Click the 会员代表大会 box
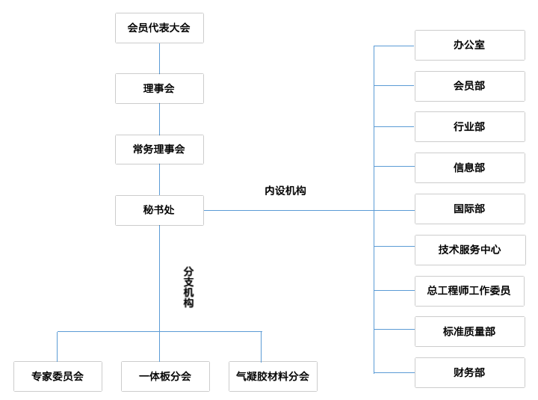click(159, 28)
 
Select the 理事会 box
click(159, 88)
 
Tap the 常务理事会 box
click(159, 149)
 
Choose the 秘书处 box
click(159, 210)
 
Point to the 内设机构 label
click(285, 191)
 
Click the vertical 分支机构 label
click(188, 287)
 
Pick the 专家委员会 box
click(58, 376)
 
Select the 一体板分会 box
click(165, 376)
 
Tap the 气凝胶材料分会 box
click(273, 376)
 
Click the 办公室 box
click(469, 45)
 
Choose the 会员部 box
click(469, 86)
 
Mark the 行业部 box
click(469, 126)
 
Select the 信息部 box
click(469, 167)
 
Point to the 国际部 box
click(469, 209)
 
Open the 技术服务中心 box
click(469, 250)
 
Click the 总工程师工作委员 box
click(469, 291)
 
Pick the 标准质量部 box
click(469, 331)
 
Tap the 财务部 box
click(469, 372)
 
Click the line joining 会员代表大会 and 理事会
click(159, 58)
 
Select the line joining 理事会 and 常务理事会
click(159, 119)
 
